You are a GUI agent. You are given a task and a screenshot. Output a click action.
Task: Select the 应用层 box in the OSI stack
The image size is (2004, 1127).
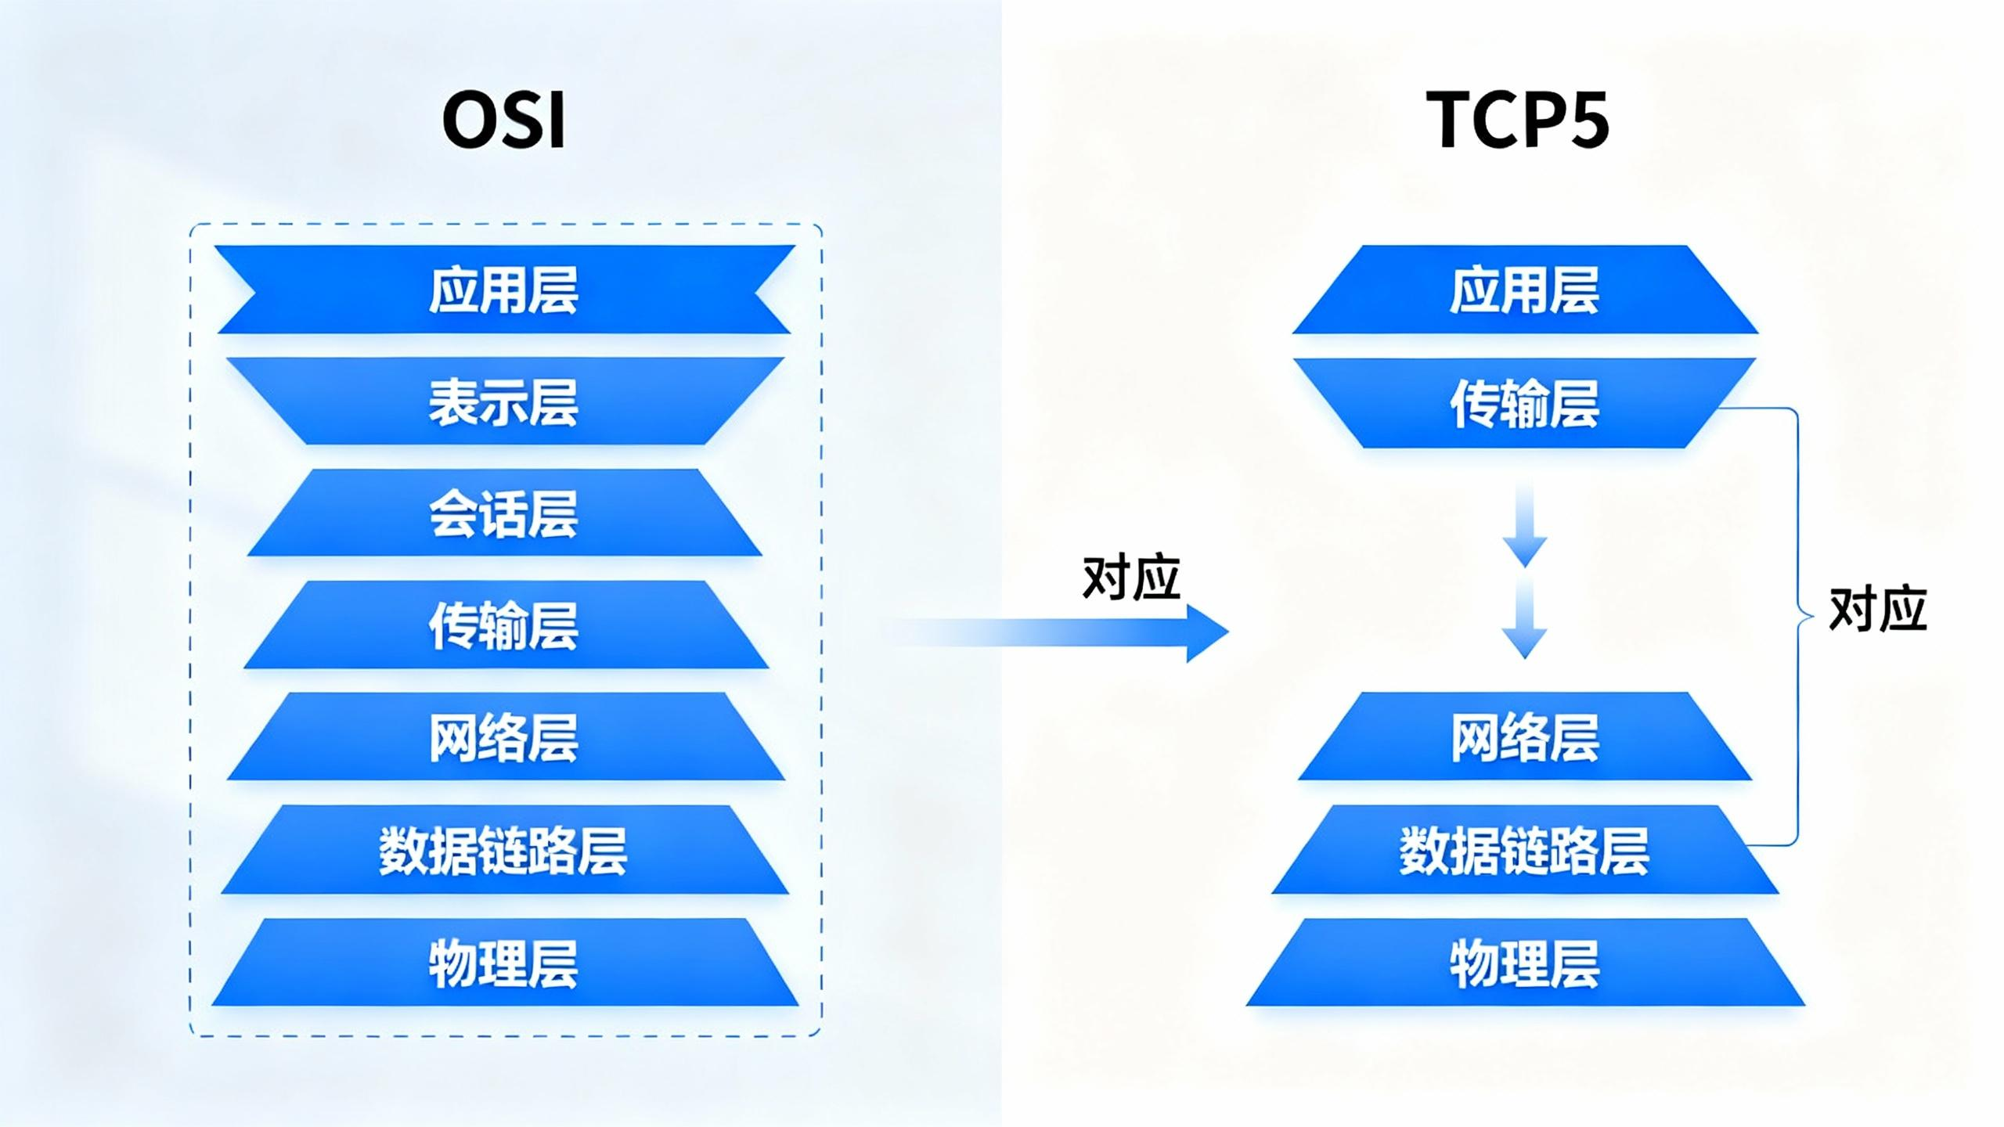pos(503,290)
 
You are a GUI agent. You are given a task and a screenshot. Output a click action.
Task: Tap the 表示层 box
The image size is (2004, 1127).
pos(503,401)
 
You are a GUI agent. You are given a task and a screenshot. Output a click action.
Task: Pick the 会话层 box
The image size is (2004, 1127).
pos(503,513)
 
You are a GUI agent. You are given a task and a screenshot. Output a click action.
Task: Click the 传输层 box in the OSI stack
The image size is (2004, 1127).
pos(503,625)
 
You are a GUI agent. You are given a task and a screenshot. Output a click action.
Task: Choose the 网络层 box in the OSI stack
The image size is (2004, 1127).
pos(503,736)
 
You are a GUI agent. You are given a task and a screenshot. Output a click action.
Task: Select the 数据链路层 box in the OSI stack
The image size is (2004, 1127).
pos(503,850)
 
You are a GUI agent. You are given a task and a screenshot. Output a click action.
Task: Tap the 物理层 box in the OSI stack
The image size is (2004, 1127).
pos(503,963)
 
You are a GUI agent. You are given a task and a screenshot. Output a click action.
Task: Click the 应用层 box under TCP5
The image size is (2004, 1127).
pos(1524,290)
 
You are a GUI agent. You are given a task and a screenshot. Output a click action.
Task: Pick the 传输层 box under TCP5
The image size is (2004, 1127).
pos(1524,403)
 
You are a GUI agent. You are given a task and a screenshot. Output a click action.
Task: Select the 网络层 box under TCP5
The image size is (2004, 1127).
pos(1524,736)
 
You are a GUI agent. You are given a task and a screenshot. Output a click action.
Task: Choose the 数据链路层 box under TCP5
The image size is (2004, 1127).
pos(1524,850)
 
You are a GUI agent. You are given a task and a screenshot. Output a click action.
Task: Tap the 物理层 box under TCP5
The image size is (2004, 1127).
pos(1524,963)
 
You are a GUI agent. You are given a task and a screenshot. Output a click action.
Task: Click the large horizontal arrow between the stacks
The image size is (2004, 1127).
pos(1096,632)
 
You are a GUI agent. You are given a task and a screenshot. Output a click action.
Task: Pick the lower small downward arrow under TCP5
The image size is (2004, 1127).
pos(1524,618)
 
